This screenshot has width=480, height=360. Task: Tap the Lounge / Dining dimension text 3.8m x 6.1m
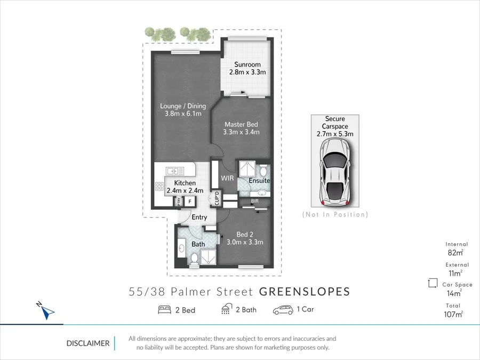pos(183,114)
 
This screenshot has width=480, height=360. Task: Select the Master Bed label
pos(241,124)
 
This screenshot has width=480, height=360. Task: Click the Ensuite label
pos(259,181)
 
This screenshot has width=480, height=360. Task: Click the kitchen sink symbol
pos(175,171)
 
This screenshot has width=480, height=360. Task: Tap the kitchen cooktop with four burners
pos(159,186)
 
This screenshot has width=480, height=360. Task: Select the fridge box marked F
pos(189,201)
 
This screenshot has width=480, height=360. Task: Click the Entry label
pos(199,217)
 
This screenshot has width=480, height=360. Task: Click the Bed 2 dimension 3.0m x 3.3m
pos(245,242)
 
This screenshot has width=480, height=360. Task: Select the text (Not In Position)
pos(335,214)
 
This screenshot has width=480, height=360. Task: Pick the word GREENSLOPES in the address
pos(305,292)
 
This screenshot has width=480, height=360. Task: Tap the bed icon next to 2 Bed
pos(164,310)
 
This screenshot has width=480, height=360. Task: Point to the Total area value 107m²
pos(453,314)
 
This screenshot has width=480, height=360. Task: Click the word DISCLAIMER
pos(87,343)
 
